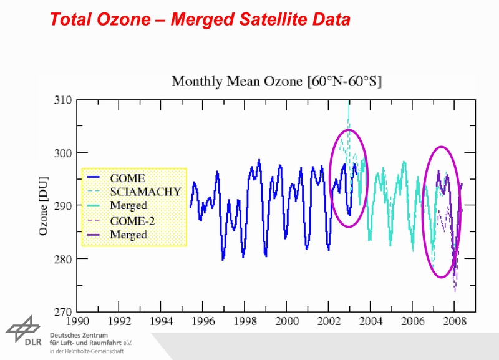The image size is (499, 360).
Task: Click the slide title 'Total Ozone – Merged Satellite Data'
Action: pos(200,19)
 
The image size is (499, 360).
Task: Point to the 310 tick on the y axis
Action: pos(64,100)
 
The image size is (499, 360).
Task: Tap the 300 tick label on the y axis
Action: pos(64,153)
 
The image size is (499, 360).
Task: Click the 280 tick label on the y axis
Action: pos(64,258)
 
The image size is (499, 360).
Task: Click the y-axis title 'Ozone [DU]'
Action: pos(44,206)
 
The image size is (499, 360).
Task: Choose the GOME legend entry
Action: pos(127,178)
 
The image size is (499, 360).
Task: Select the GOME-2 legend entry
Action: pos(132,221)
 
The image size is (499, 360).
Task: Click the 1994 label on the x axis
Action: pos(161,323)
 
